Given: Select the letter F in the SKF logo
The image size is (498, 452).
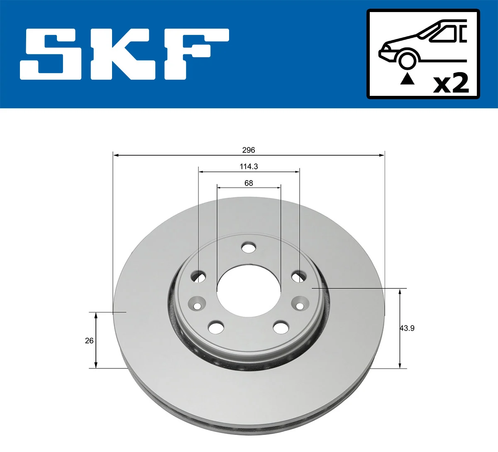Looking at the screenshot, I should click(x=195, y=54).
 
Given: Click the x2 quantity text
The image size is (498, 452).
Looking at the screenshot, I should click(x=451, y=83).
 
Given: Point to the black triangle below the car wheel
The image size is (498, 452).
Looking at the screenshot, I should click(x=407, y=78).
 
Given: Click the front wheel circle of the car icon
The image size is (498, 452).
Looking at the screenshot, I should click(x=407, y=60).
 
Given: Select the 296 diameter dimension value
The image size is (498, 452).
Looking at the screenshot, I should click(x=249, y=150).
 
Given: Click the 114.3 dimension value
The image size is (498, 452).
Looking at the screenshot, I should click(x=249, y=166).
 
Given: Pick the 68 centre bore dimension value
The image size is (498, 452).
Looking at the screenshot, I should click(x=249, y=183).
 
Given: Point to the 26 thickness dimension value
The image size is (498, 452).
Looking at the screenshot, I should click(x=89, y=341).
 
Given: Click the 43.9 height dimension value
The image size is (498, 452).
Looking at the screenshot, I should click(x=407, y=328).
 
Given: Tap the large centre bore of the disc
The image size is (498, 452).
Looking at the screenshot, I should click(x=249, y=295).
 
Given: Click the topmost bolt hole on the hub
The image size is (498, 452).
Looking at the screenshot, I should click(x=249, y=248).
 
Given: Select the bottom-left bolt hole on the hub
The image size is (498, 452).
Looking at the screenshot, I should click(x=216, y=327).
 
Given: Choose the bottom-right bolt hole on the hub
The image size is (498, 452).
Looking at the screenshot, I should click(x=281, y=327).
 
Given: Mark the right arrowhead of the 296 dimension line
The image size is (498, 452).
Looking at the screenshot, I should click(x=382, y=155).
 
